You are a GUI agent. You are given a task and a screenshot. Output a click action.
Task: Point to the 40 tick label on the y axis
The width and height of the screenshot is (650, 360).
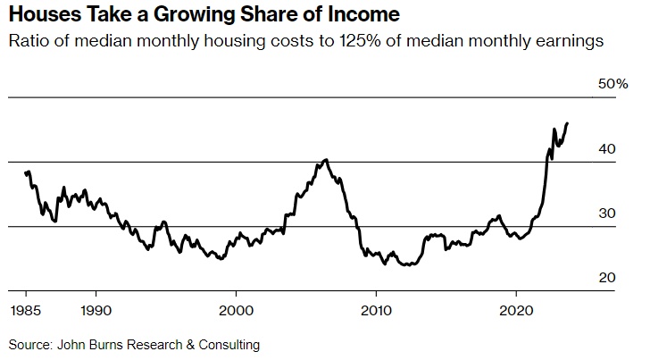pyautogui.click(x=606, y=149)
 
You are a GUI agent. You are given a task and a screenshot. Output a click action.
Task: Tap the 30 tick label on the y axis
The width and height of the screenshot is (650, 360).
pyautogui.click(x=606, y=213)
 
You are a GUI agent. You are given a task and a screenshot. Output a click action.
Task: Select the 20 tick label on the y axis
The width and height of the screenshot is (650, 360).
pyautogui.click(x=606, y=278)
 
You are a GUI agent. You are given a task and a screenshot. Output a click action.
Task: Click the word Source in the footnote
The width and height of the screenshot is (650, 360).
pyautogui.click(x=29, y=343)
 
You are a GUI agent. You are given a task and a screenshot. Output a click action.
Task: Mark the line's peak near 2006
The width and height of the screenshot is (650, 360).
pyautogui.click(x=326, y=160)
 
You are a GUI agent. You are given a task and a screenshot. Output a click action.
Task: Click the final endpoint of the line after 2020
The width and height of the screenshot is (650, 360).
pyautogui.click(x=568, y=123)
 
